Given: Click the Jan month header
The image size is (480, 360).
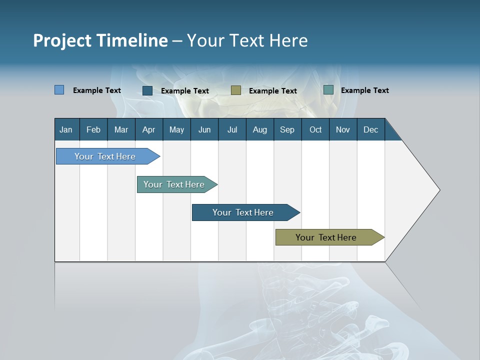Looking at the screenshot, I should (x=66, y=129).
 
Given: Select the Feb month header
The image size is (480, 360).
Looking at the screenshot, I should (x=93, y=129).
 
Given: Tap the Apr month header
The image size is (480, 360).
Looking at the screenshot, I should (x=148, y=129).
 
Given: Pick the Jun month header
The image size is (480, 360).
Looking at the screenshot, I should (x=204, y=129).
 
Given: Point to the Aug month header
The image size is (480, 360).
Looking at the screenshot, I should (x=259, y=129).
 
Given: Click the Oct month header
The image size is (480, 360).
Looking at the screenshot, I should (x=315, y=129).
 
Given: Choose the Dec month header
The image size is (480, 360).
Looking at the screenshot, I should (x=370, y=129).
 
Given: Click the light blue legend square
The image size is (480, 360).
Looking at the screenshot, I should (x=59, y=90).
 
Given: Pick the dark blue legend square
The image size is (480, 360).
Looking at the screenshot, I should (x=147, y=90).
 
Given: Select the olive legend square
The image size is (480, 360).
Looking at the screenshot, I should (x=236, y=90).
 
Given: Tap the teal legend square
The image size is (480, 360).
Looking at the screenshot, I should (x=328, y=90).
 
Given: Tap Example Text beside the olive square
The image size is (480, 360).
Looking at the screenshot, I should (x=272, y=90).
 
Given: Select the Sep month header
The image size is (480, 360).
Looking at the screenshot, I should (x=287, y=129).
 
